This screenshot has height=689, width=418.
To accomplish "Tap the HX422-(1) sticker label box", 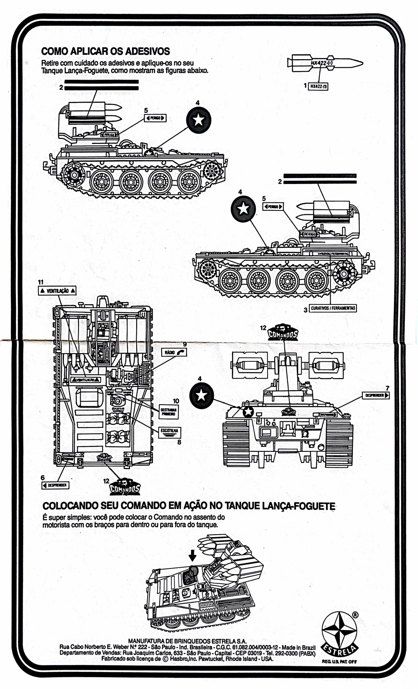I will pyautogui.click(x=319, y=87).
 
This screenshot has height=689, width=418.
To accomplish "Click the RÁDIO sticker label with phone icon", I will pyautogui.click(x=174, y=352).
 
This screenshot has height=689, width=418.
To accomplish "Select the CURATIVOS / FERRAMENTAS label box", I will pyautogui.click(x=333, y=308).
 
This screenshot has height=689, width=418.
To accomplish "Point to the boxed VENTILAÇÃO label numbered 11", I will pyautogui.click(x=58, y=290).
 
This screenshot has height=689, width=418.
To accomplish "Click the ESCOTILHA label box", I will pyautogui.click(x=170, y=431).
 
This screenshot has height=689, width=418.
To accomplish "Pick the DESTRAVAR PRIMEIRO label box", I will pyautogui.click(x=168, y=412).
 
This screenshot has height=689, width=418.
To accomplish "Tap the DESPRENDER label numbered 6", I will pyautogui.click(x=55, y=485).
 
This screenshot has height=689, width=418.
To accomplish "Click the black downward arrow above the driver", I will pyautogui.click(x=192, y=555).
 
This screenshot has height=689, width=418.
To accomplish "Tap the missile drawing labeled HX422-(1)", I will pyautogui.click(x=324, y=63).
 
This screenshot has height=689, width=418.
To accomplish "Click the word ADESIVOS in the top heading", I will pyautogui.click(x=147, y=51).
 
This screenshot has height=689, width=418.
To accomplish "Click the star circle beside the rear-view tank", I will pyautogui.click(x=201, y=396).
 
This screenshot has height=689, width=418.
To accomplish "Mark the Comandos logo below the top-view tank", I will pyautogui.click(x=125, y=487).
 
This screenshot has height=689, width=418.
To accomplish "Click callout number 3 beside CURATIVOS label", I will pyautogui.click(x=306, y=309).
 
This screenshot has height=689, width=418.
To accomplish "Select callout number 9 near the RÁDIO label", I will pyautogui.click(x=184, y=344).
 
